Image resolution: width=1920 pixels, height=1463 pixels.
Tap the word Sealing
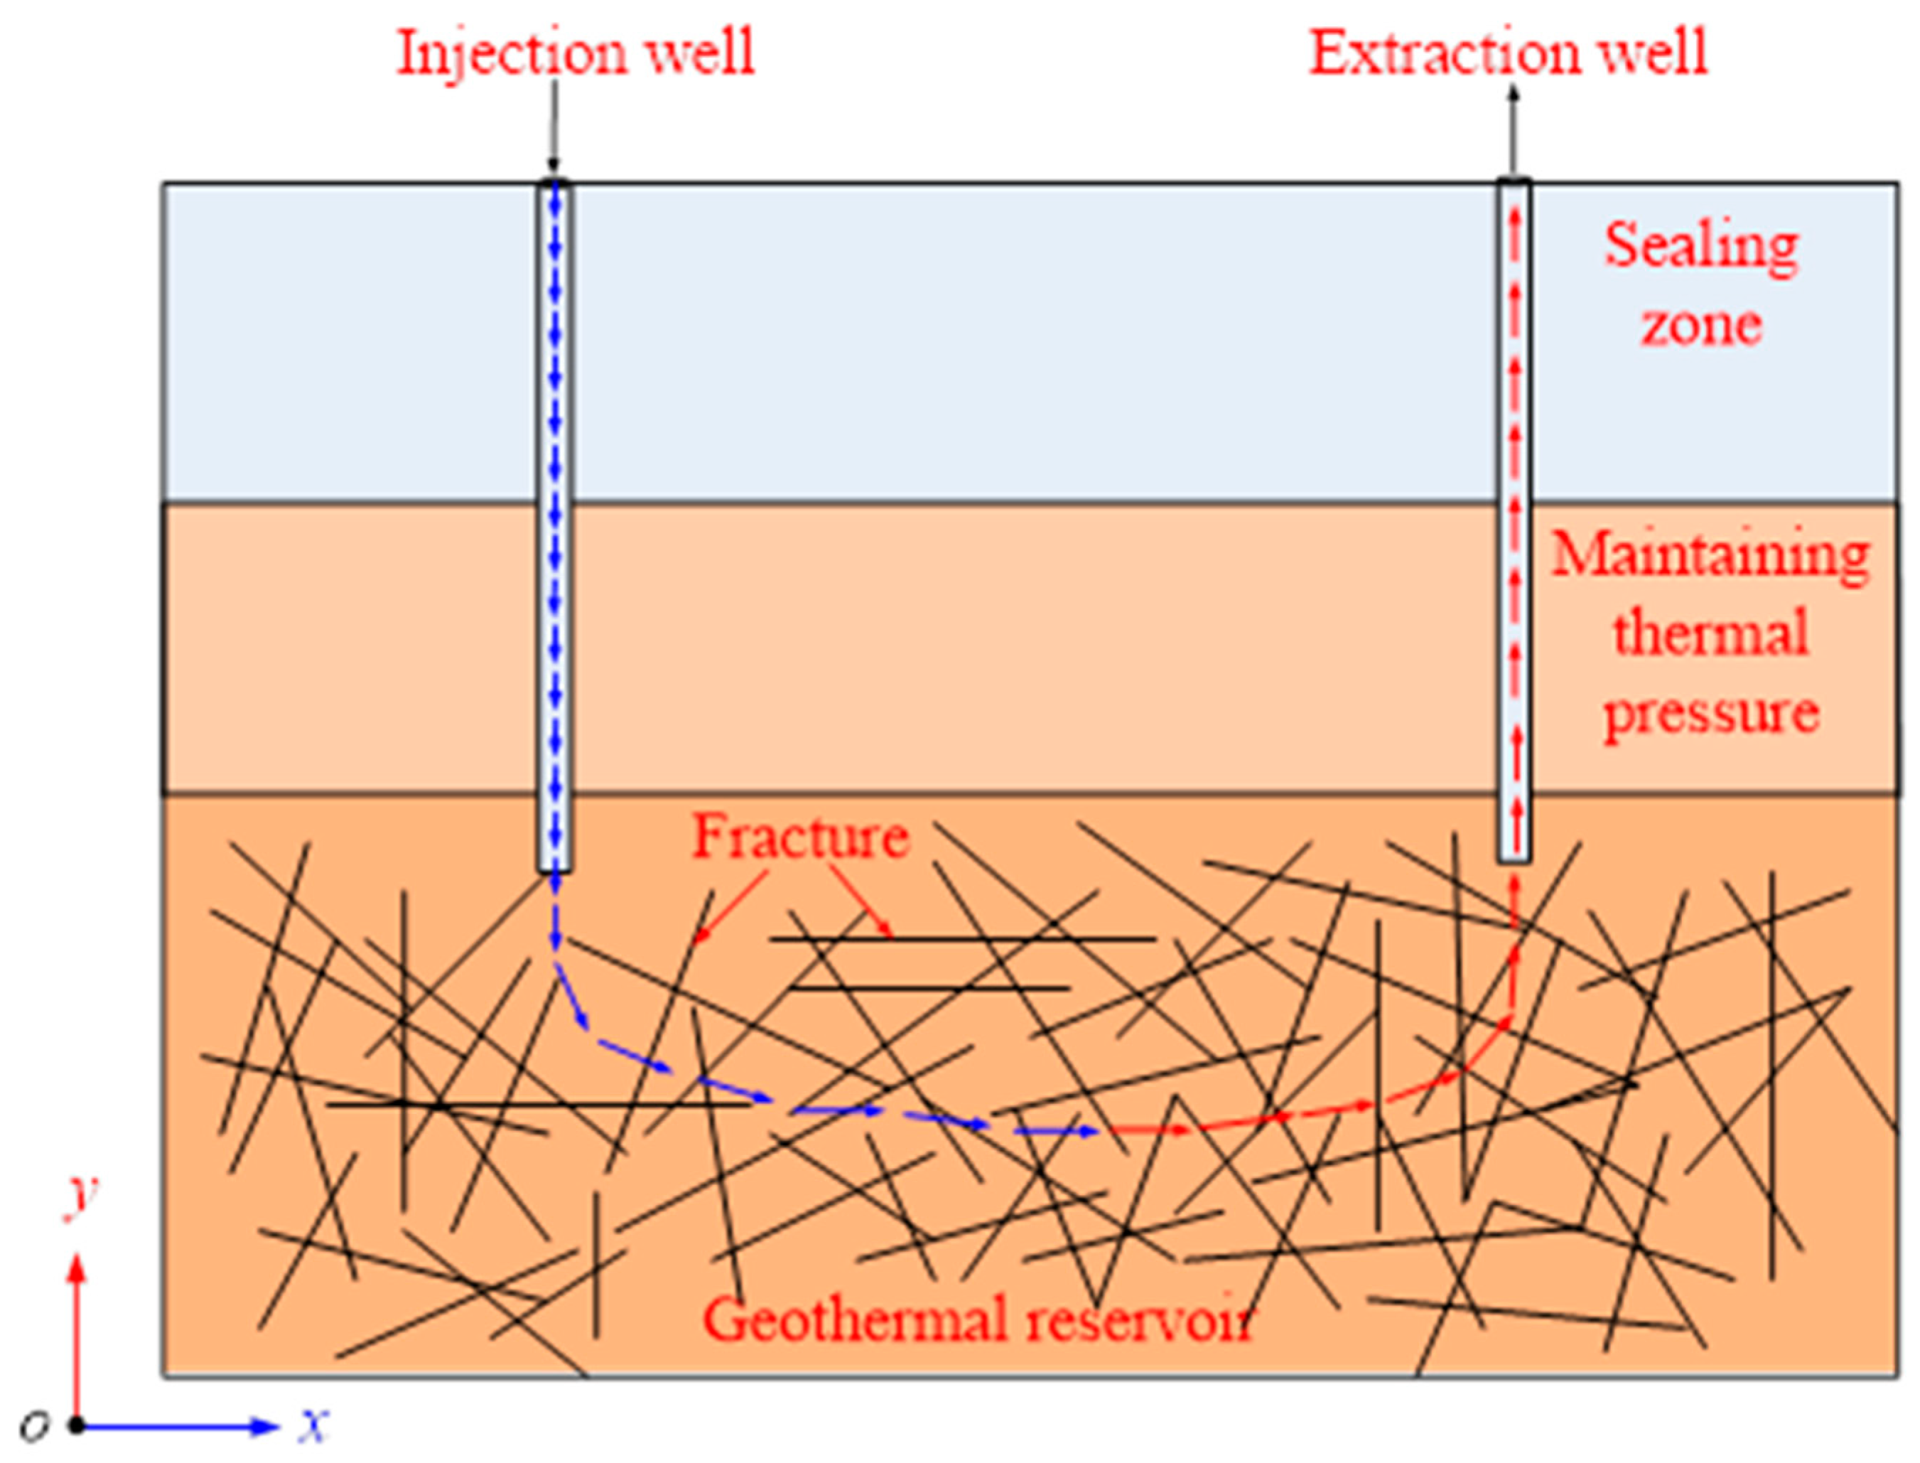pos(1700,247)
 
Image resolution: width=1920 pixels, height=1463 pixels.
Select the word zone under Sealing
pos(1700,325)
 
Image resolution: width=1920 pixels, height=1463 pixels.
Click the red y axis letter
pos(80,1196)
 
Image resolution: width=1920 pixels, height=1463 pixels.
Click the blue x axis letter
pos(313,1425)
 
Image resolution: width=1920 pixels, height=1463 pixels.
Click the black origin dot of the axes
pos(77,1425)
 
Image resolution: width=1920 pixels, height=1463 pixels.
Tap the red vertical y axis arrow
pos(77,1332)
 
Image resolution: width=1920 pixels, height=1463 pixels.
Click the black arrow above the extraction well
pos(1514,131)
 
